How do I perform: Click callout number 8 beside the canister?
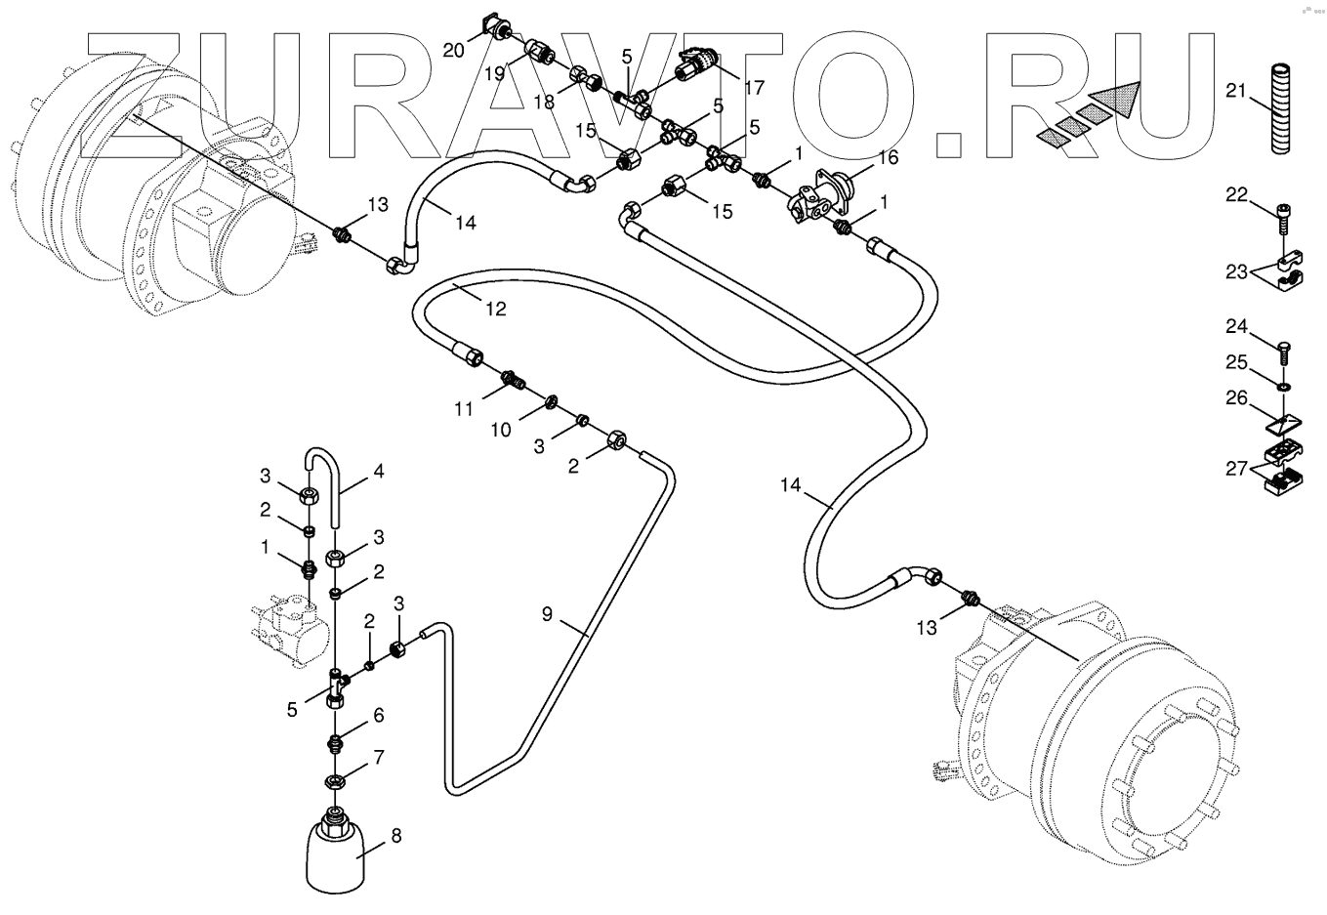click(x=395, y=835)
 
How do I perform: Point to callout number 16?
click(x=887, y=156)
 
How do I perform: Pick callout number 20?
click(x=453, y=50)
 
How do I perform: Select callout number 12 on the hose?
click(x=496, y=309)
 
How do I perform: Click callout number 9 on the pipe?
click(x=547, y=613)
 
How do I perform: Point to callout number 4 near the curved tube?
click(x=378, y=470)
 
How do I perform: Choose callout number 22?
click(x=1237, y=194)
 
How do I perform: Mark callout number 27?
click(x=1237, y=469)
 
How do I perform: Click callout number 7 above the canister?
click(x=378, y=756)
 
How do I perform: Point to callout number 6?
click(x=378, y=716)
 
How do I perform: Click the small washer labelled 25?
click(x=1281, y=385)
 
